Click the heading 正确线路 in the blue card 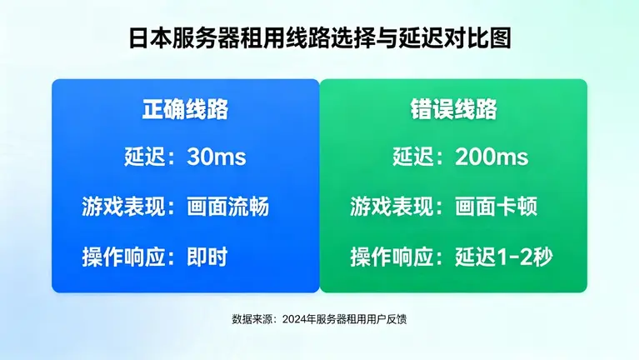[x=185, y=110]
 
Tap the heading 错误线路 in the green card [x=453, y=110]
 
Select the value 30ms [x=217, y=157]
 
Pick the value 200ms [x=492, y=157]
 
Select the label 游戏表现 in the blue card [x=121, y=207]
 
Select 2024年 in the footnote [x=297, y=319]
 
